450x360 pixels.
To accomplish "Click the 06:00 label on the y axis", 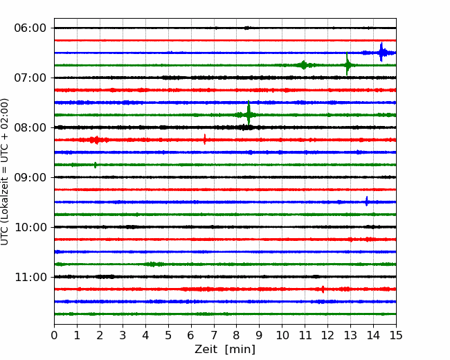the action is pos(30,28).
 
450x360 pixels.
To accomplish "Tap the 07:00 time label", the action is pos(30,78).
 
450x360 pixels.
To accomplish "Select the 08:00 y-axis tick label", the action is pos(30,127).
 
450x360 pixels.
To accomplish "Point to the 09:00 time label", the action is pos(30,177).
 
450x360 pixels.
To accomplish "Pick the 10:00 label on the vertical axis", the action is pos(30,227).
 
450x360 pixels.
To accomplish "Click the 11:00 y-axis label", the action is pos(30,277).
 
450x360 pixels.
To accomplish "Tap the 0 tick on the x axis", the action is pos(54,335).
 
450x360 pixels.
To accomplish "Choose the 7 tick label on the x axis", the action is pos(214,335).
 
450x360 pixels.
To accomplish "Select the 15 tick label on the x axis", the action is pos(396,335).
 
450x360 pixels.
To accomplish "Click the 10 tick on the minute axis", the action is pos(282,335).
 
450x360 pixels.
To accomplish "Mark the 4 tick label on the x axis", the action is pos(145,335).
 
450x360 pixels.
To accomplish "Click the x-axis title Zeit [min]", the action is pos(225,349).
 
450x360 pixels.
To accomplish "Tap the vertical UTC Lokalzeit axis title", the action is pos(5,172).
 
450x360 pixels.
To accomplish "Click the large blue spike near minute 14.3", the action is pos(381,52).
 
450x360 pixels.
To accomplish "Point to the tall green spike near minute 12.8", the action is pos(347,64).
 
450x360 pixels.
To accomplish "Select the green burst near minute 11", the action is pos(303,65).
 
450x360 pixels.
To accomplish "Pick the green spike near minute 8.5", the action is pos(249,113).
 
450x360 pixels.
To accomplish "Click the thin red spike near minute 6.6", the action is pos(205,139).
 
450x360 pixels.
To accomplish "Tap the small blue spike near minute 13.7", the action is pos(366,201).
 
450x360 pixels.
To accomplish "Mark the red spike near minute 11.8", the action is pos(323,289).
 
